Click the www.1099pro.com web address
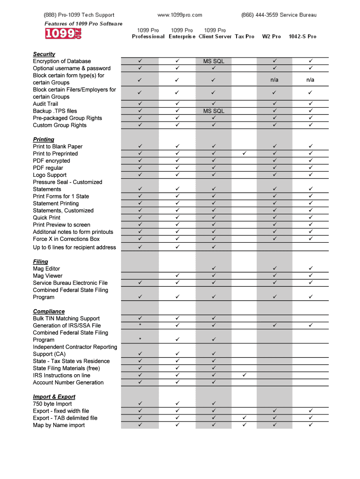(x=180, y=15)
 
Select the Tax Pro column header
(x=245, y=36)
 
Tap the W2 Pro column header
(x=271, y=36)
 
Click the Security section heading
(x=44, y=54)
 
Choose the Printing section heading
(x=43, y=139)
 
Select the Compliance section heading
(x=49, y=312)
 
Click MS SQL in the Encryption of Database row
(x=214, y=61)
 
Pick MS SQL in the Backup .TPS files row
(x=214, y=111)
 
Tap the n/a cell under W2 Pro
(x=274, y=80)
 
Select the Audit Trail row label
(x=45, y=104)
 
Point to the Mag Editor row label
(x=46, y=269)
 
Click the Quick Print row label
(x=46, y=218)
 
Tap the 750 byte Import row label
(x=52, y=404)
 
